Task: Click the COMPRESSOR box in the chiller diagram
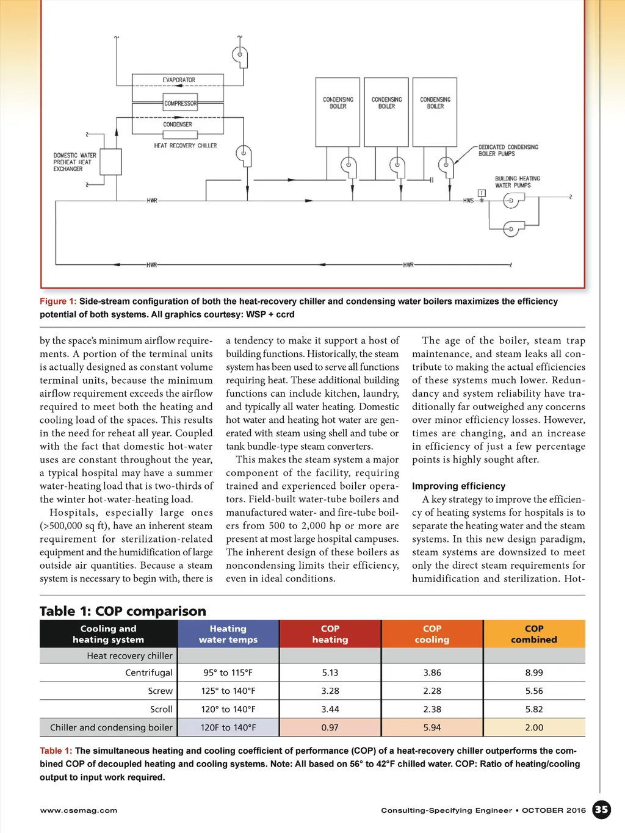(180, 103)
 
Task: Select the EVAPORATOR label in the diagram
(179, 80)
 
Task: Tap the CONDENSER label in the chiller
(178, 124)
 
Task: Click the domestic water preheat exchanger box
(111, 162)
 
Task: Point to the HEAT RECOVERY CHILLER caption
(186, 146)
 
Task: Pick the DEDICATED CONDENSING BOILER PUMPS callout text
(508, 150)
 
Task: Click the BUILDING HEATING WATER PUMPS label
(517, 182)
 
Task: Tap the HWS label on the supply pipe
(468, 200)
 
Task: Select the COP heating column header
(330, 634)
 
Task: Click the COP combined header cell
(534, 634)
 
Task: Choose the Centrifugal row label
(149, 673)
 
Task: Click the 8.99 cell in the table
(534, 673)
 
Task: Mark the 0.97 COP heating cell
(330, 727)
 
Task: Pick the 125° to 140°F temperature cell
(228, 691)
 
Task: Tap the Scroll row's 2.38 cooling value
(432, 709)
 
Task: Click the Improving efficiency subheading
(458, 486)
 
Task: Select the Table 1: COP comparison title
(123, 611)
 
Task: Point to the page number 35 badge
(602, 810)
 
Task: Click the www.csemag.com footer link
(79, 810)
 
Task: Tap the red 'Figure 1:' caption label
(58, 301)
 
